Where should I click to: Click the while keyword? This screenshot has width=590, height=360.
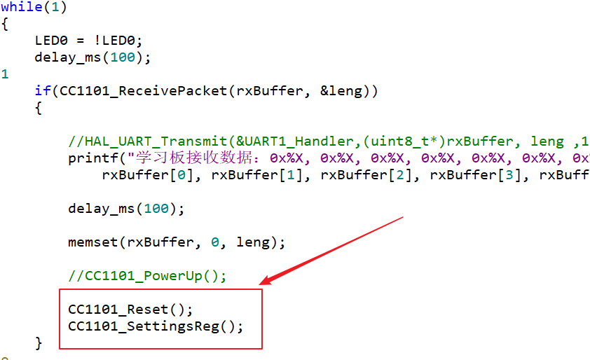pos(21,7)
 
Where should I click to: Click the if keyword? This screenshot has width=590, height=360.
pos(43,91)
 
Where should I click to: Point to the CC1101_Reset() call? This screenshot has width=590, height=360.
pos(130,309)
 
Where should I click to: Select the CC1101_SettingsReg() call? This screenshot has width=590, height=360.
pos(156,326)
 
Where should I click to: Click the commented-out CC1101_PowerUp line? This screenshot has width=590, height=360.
pos(147,275)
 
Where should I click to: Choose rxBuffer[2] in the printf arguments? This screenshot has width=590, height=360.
pos(366,175)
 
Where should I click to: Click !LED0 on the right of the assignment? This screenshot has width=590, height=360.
pos(122,40)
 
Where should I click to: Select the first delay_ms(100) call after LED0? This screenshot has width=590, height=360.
pos(92,57)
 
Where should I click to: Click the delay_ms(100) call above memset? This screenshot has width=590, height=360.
pos(126,209)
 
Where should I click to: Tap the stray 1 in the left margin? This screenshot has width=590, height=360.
pos(5,74)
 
